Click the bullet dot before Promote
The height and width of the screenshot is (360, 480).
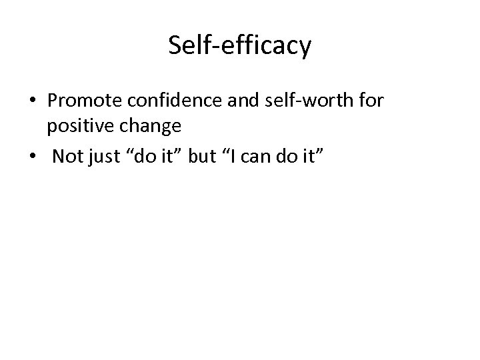tap(33, 101)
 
